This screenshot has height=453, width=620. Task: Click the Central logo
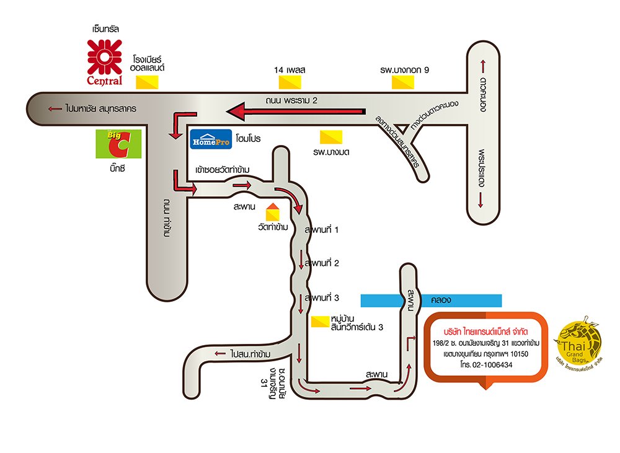pyautogui.click(x=104, y=61)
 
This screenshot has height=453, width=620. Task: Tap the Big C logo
pyautogui.click(x=117, y=144)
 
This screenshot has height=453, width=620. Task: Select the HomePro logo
pyautogui.click(x=210, y=139)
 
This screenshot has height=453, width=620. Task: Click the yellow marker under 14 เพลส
pyautogui.click(x=290, y=82)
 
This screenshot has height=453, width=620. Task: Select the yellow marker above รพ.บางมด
pyautogui.click(x=330, y=135)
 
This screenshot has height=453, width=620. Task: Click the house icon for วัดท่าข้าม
pyautogui.click(x=272, y=212)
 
